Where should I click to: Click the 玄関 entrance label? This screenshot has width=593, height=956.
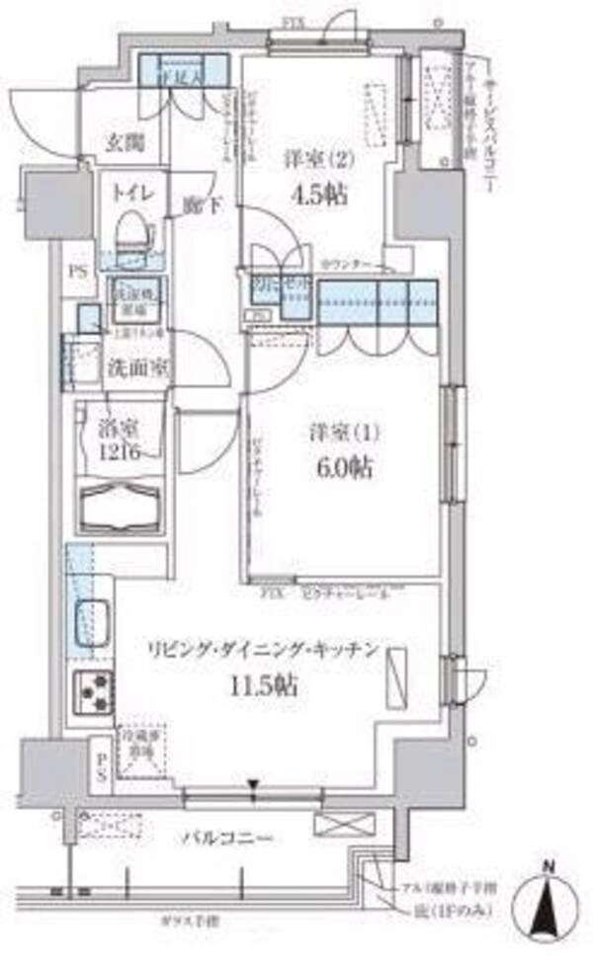coord(126,142)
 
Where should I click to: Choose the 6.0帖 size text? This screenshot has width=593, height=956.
coord(346,468)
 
